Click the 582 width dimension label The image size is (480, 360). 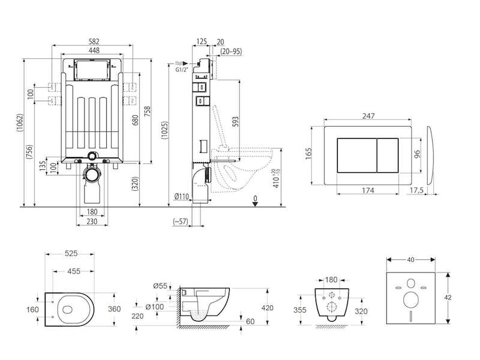tap(94, 41)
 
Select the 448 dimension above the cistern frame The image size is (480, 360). tap(94, 50)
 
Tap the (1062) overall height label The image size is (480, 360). tap(20, 123)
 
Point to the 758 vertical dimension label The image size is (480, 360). tap(147, 113)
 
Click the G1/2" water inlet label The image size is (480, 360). tap(182, 70)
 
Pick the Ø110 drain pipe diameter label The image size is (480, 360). tap(182, 197)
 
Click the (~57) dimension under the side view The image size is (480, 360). tap(181, 221)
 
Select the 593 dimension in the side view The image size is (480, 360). tap(235, 123)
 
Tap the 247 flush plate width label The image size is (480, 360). tap(368, 116)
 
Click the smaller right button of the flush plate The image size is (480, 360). tap(387, 155)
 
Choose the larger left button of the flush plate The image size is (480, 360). tap(356, 155)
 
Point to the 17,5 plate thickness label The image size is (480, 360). tap(416, 190)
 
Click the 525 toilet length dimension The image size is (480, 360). tap(71, 253)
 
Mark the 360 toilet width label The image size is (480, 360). tap(114, 309)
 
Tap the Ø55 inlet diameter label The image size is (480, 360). tap(160, 286)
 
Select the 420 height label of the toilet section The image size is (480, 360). tap(267, 308)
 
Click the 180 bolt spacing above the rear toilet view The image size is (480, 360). tap(331, 280)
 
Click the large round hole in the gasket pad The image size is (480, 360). tap(410, 299)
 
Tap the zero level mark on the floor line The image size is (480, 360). tap(256, 201)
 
